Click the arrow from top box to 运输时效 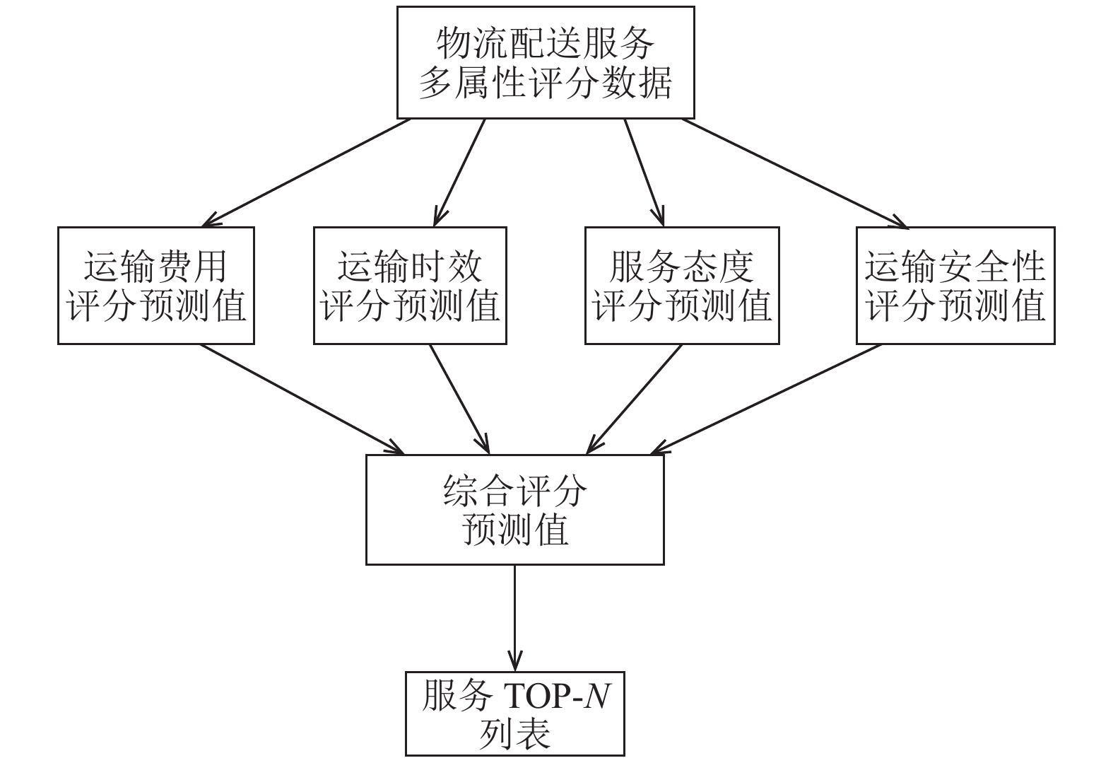pos(459,173)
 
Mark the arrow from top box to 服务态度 pos(644,173)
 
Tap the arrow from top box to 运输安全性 pos(795,173)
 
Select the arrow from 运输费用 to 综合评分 pos(302,399)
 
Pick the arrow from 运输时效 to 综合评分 pos(459,399)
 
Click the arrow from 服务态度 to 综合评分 pos(634,399)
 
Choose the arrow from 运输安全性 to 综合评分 pos(766,399)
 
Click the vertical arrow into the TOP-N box pos(514,618)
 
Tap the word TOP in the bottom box pos(536,697)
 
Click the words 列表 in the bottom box pos(514,734)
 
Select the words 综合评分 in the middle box pos(514,491)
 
